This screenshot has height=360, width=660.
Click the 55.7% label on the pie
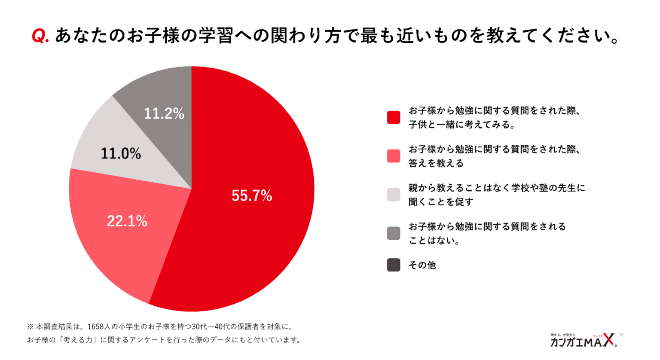[252, 196]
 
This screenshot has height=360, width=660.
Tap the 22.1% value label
[127, 221]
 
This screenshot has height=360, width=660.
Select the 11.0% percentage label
[121, 153]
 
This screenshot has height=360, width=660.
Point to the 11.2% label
[164, 113]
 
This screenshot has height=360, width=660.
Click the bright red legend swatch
[394, 117]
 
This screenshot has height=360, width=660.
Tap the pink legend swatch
[394, 156]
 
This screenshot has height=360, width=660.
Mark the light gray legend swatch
[394, 195]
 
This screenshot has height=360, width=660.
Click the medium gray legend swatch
[394, 233]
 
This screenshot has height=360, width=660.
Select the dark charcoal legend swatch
[394, 265]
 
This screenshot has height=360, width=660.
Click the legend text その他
[422, 265]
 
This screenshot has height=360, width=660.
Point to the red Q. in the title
[40, 36]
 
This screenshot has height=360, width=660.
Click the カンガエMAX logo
[584, 340]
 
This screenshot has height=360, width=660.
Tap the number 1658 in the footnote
[96, 327]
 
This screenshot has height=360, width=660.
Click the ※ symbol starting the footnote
[30, 327]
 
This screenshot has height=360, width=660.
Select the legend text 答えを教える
[436, 163]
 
